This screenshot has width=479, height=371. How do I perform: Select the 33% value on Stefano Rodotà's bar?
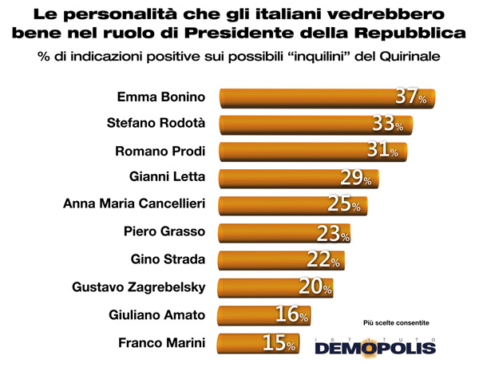click(x=388, y=124)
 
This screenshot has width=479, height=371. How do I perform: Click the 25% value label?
click(x=344, y=204)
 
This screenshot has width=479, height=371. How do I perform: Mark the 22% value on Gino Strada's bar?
click(x=323, y=259)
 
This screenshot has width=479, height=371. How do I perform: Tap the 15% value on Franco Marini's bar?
click(x=279, y=343)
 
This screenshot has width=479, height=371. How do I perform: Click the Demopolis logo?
click(x=375, y=345)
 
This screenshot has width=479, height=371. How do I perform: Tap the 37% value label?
click(x=411, y=97)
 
